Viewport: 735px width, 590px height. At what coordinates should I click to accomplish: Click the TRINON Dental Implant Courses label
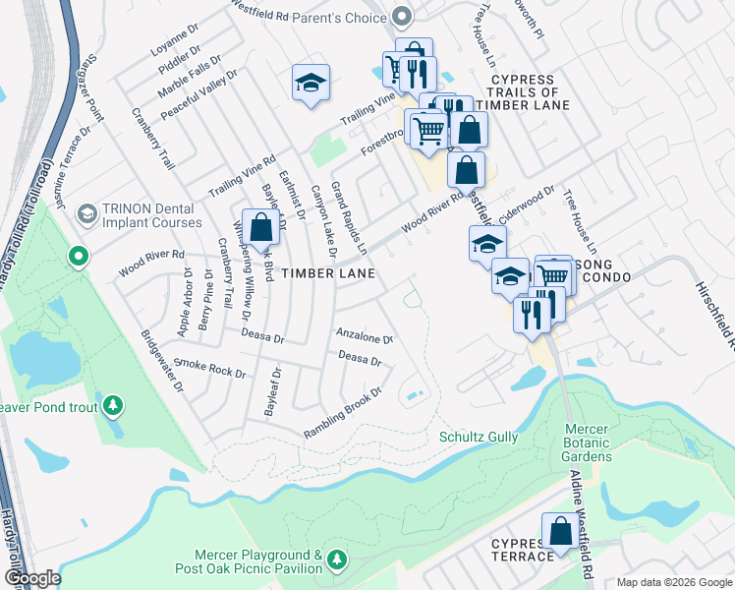152,215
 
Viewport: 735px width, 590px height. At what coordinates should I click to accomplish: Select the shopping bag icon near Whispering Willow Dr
260,228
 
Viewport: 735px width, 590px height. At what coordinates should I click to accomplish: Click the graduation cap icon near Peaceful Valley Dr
311,85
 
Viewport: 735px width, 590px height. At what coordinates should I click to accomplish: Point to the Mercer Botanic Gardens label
589,442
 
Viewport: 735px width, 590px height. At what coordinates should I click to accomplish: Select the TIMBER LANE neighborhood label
327,273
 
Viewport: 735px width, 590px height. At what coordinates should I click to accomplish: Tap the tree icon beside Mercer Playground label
337,560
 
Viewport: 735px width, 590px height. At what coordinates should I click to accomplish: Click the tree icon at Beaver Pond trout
114,404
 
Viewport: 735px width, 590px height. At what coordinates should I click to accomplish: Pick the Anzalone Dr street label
365,336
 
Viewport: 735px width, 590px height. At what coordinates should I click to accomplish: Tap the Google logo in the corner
31,578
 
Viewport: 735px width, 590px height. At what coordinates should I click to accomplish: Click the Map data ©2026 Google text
674,582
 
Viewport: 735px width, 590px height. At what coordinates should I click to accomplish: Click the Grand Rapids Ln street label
349,214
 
